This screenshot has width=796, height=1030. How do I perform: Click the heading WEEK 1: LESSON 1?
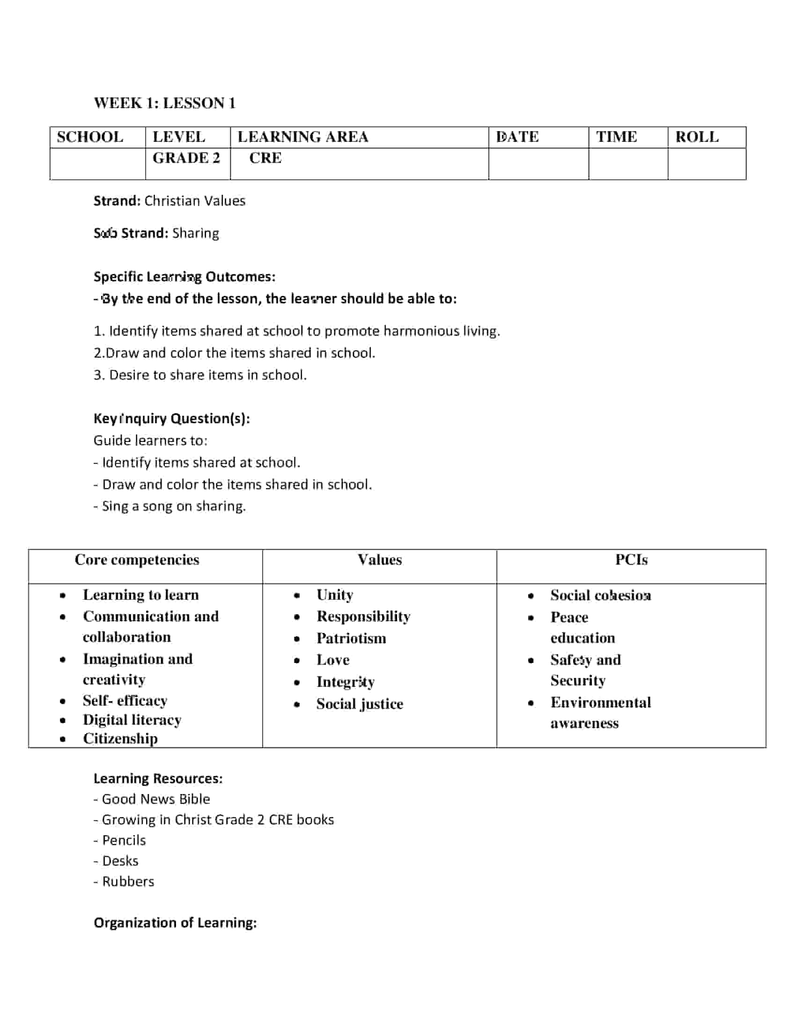[164, 103]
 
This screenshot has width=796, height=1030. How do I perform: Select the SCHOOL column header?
[90, 137]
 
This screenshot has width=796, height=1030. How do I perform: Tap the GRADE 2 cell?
[186, 158]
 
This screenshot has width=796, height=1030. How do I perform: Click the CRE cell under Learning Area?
[265, 158]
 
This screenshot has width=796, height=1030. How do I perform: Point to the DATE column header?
[517, 137]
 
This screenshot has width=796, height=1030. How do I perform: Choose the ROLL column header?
[697, 137]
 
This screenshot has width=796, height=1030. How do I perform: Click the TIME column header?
[616, 137]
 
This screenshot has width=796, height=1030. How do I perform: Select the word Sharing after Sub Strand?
[196, 234]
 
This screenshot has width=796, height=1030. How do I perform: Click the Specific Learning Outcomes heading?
[184, 276]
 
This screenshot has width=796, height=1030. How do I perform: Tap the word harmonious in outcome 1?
[420, 331]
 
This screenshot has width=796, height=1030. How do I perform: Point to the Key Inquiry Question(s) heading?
[172, 418]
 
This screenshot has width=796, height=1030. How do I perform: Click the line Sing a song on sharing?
[170, 506]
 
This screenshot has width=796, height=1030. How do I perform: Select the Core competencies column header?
[137, 560]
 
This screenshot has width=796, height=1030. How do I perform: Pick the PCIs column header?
[632, 560]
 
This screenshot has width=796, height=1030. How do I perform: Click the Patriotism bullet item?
[351, 638]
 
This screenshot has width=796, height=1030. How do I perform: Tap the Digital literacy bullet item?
[132, 720]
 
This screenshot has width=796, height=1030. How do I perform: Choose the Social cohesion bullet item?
[601, 595]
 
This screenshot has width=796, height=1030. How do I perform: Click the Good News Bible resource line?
[152, 799]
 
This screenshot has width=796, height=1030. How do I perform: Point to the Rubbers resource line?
[124, 882]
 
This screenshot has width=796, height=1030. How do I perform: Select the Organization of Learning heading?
[176, 922]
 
